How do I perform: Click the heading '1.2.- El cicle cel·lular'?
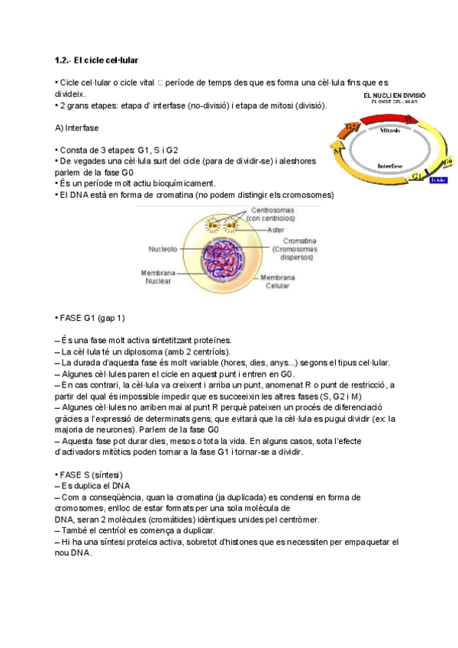click(x=96, y=60)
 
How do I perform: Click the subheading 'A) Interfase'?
click(x=77, y=127)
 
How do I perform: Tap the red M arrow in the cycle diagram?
click(x=408, y=118)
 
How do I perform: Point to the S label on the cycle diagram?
click(x=337, y=151)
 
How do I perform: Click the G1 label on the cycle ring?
click(x=417, y=176)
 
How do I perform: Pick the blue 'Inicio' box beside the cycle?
click(x=437, y=180)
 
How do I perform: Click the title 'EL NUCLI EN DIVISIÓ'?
click(x=394, y=96)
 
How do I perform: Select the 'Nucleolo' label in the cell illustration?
click(x=163, y=249)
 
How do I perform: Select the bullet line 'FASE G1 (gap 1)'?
click(x=91, y=317)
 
